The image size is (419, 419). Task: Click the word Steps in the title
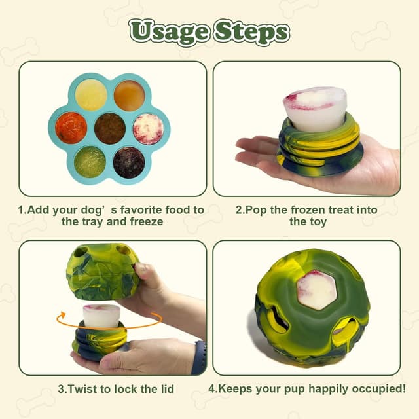coord(251,31)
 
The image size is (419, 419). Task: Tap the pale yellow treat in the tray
coord(91,96)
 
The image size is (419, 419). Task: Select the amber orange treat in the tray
coord(129,96)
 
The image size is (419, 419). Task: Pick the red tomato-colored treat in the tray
coord(71,128)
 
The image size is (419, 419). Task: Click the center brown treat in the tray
coord(110,128)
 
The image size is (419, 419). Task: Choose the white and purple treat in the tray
coord(148,128)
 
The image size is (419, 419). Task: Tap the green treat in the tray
coord(90,161)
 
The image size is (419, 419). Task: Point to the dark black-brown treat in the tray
coord(129,162)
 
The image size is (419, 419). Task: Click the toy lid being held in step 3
coord(103,271)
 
